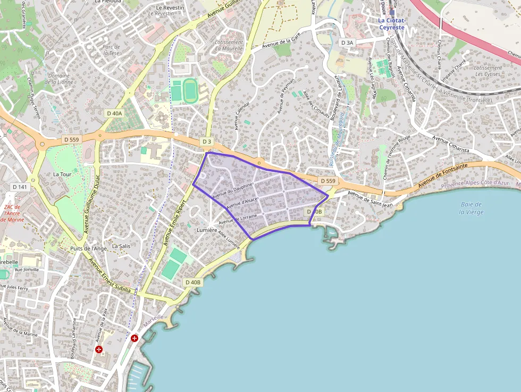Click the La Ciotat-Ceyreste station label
point(391,24)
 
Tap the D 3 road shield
point(207,141)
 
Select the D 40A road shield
point(114,113)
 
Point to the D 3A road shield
point(347,43)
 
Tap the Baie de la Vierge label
point(470,208)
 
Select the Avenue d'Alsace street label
point(242,203)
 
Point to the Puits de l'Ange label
point(89,248)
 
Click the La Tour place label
point(62,174)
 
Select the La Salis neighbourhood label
point(121,246)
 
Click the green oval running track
point(190,91)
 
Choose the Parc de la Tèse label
point(111,49)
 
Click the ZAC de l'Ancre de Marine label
point(12,213)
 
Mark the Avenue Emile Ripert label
point(175,222)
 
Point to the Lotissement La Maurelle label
point(229,45)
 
